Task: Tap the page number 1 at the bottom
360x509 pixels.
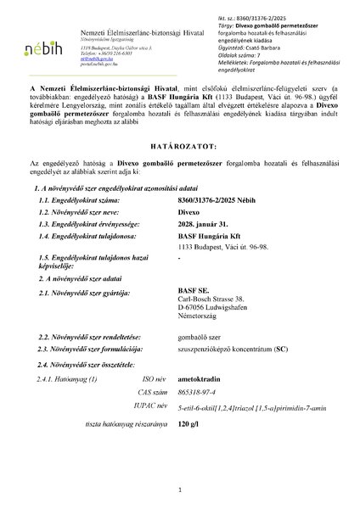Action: [x=181, y=490]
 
